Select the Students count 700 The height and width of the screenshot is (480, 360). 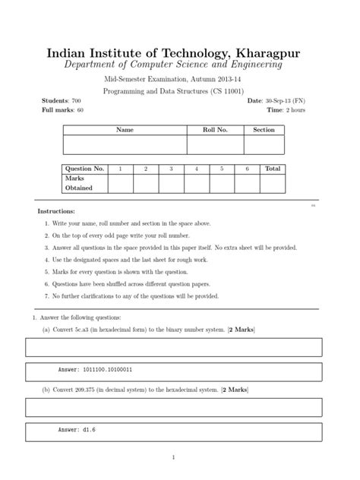[75, 100]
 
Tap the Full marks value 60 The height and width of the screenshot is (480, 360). [79, 110]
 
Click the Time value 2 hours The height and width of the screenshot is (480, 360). [295, 110]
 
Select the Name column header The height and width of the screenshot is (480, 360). [125, 131]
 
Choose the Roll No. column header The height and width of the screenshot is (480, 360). [215, 131]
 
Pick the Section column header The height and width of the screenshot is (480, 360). [264, 131]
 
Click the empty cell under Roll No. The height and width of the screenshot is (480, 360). [215, 145]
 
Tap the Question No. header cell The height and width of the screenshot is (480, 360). [84, 169]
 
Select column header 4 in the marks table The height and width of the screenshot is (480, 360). [196, 169]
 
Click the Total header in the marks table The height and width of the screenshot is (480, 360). [273, 169]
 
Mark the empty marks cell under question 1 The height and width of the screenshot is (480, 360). [120, 183]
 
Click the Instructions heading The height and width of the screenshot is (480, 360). [56, 210]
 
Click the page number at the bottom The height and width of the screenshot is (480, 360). [174, 457]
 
